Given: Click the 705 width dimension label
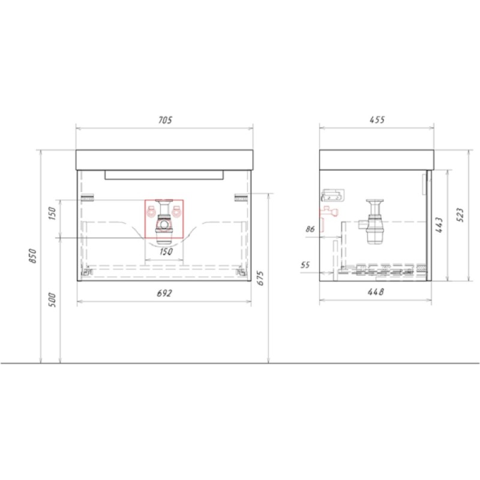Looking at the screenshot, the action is click(166, 120).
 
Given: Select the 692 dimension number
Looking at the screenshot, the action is click(164, 293).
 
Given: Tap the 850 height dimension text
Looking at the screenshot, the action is click(32, 256).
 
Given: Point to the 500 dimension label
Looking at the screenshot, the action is click(53, 300).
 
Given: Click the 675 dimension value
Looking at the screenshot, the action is click(260, 278).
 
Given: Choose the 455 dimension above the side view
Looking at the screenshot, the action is click(377, 119).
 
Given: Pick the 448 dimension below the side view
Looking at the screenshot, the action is click(376, 292).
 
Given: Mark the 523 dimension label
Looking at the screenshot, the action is click(460, 215).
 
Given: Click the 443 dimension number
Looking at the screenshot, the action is click(439, 225).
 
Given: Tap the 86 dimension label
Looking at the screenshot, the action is click(310, 229).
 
